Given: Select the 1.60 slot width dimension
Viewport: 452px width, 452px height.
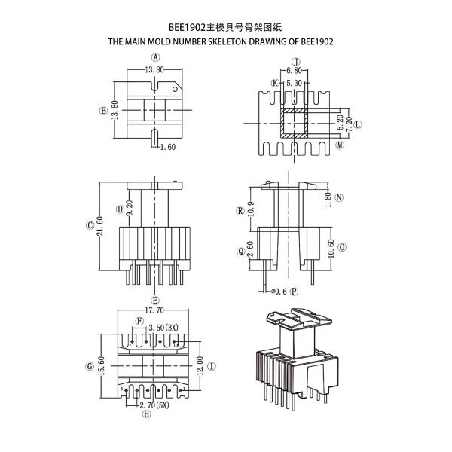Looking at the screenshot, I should coord(167,147).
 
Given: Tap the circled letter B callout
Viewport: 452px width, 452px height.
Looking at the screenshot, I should coord(102,110).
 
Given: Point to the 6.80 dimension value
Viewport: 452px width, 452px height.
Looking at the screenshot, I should coord(295,71).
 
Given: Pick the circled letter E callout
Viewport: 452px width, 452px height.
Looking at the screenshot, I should coord(155,299).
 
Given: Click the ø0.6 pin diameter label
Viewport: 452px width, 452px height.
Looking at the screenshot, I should coord(279,291).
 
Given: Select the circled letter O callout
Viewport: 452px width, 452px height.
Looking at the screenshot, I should coord(342,246).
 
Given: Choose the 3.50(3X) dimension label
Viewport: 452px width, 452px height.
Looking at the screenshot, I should coord(163,328).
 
